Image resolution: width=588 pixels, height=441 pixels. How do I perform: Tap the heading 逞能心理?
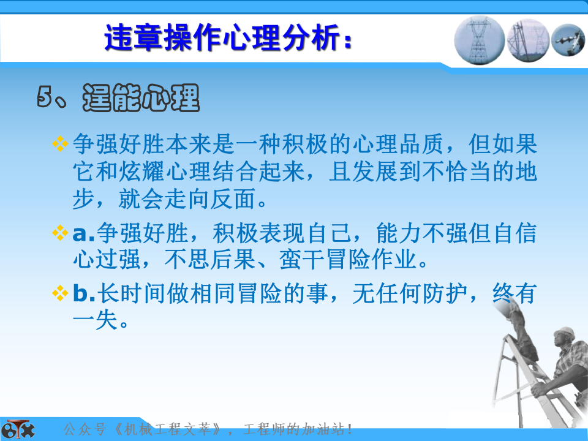[x=141, y=97]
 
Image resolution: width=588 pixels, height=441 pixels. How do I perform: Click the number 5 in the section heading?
[x=44, y=96]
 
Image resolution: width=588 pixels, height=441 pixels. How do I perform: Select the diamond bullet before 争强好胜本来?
[x=60, y=143]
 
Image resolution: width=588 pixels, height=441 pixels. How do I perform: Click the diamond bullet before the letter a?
[x=60, y=233]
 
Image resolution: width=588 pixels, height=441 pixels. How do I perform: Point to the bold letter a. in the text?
[x=84, y=234]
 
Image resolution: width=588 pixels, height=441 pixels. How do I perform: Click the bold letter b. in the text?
[x=84, y=293]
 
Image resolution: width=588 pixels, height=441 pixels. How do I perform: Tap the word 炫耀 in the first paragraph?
[x=141, y=171]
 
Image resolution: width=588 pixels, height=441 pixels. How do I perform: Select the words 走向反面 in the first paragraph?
[x=211, y=198]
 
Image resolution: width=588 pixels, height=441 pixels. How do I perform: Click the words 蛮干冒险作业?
[x=348, y=259]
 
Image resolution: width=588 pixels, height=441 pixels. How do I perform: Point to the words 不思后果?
[x=210, y=259]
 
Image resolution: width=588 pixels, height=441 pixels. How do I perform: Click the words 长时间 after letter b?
[x=131, y=293]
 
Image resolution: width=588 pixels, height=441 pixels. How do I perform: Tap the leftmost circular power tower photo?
[x=479, y=40]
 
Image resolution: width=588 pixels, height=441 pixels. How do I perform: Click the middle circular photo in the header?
[x=528, y=40]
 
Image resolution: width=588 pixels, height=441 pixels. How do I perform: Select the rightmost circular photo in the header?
[x=568, y=40]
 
